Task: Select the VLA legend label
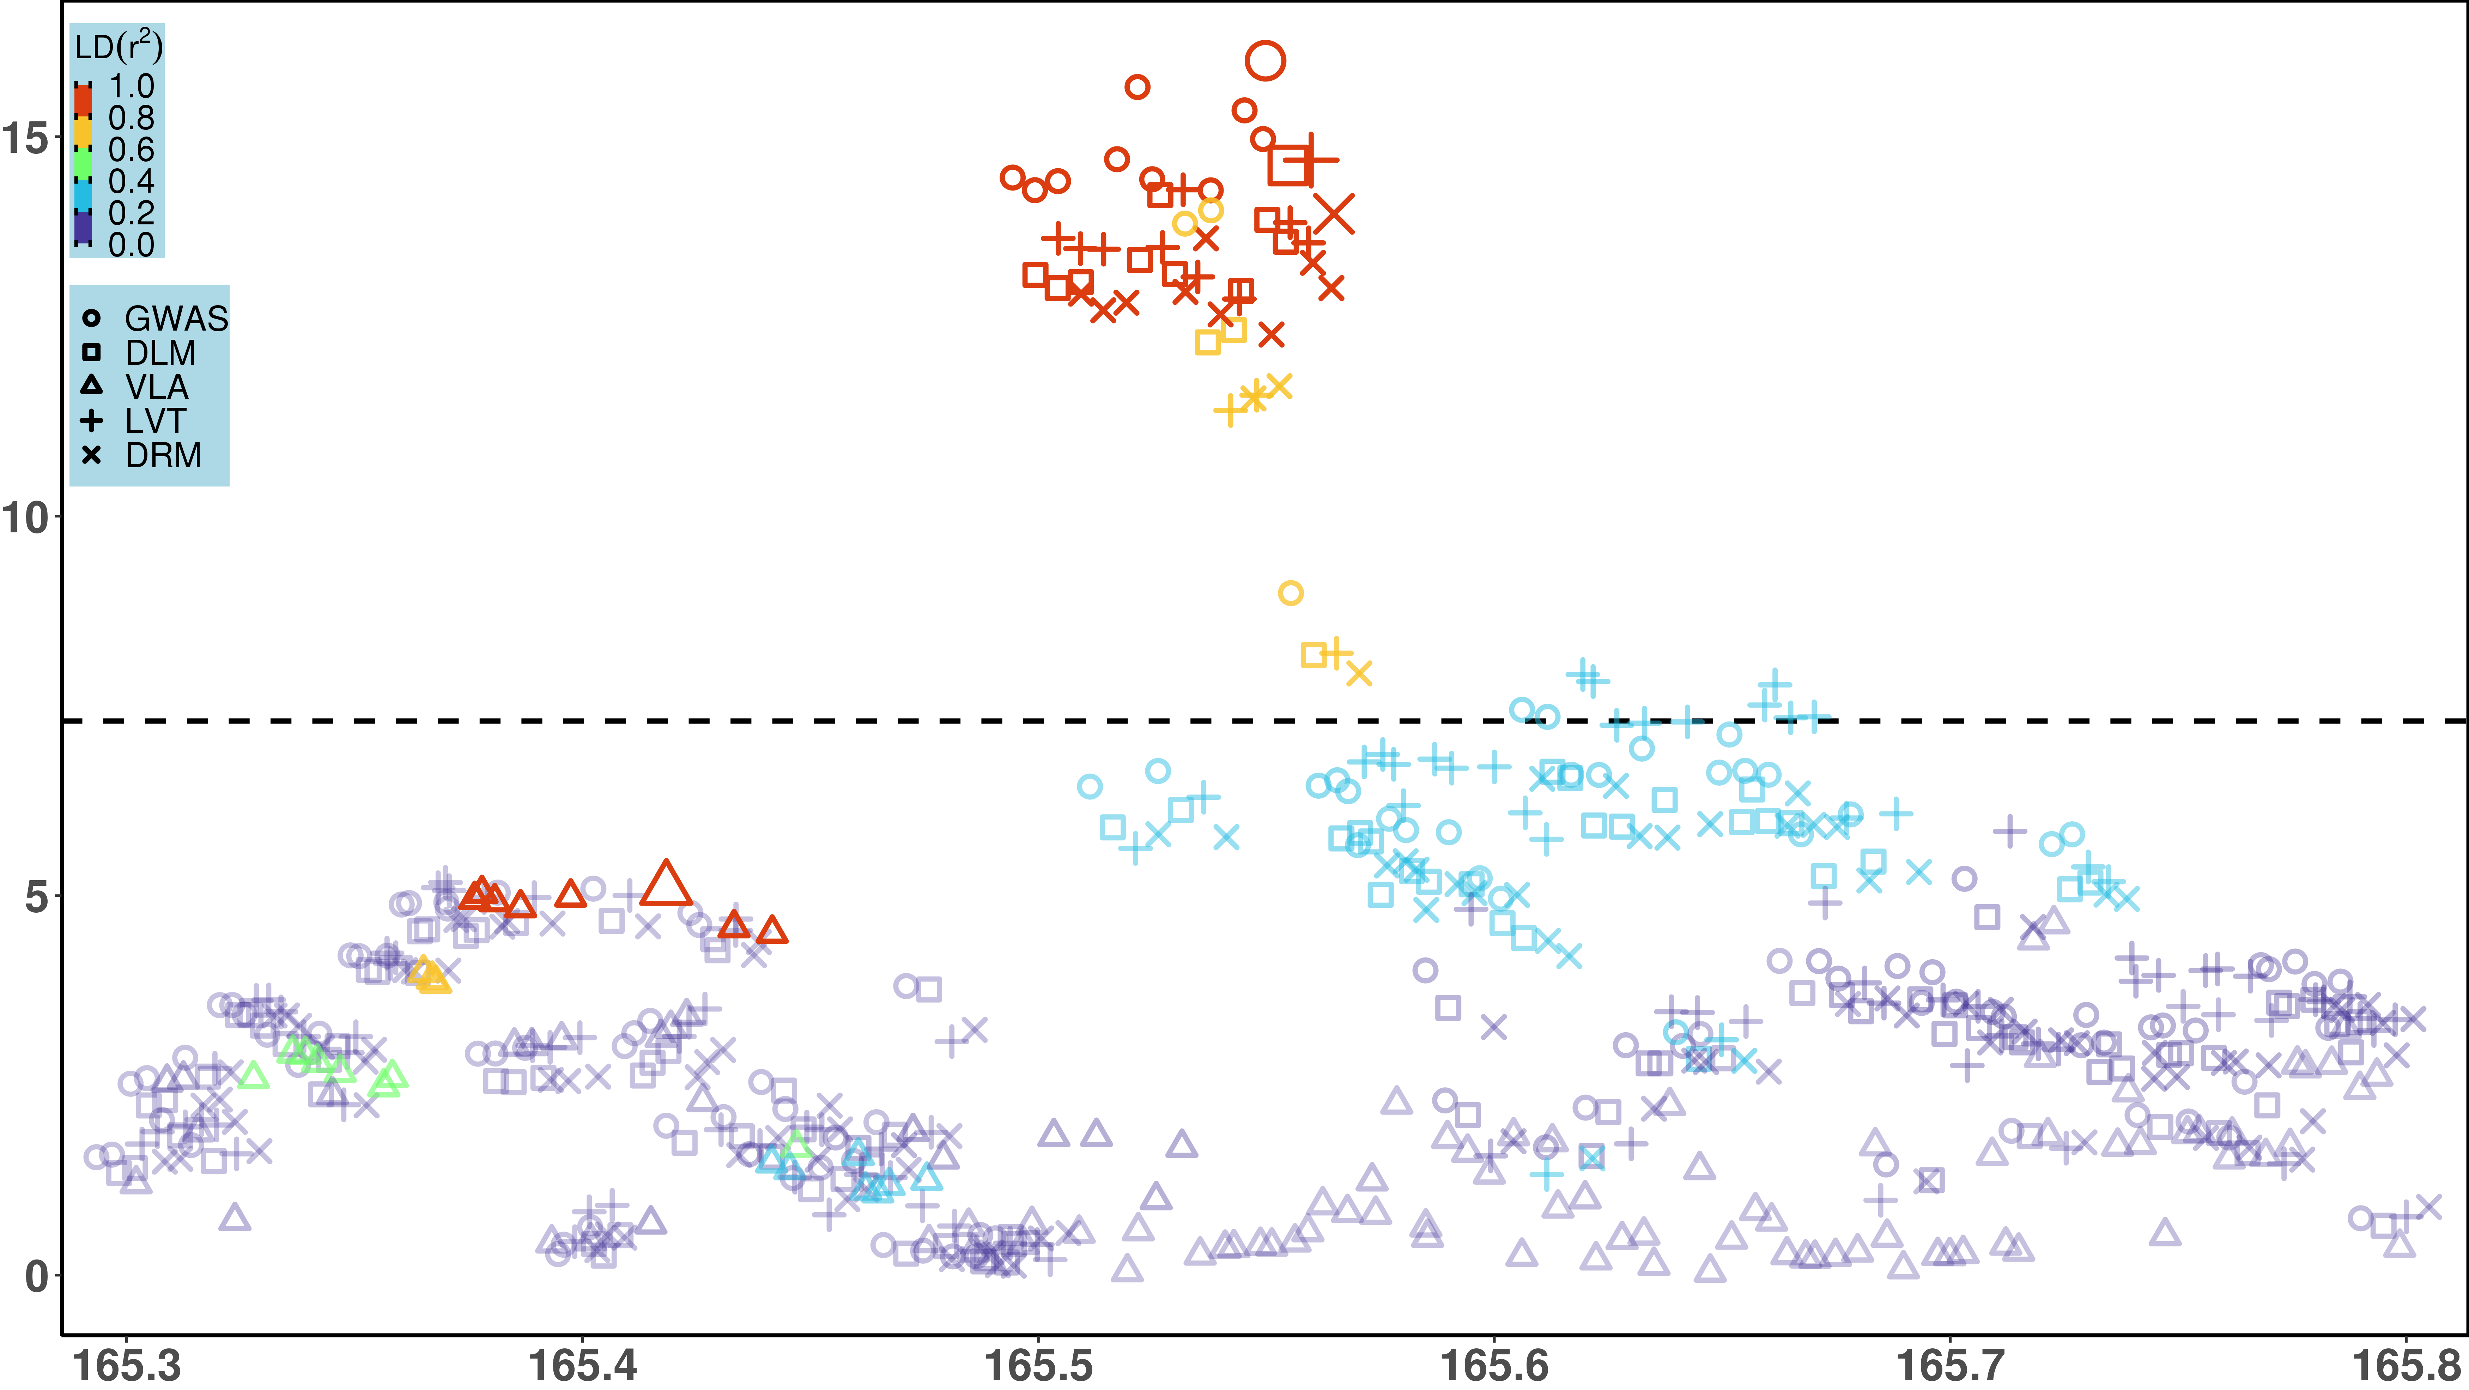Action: coord(156,387)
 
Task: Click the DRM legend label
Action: coord(163,455)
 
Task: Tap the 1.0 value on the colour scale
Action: coord(131,86)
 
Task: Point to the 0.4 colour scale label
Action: coord(131,181)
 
